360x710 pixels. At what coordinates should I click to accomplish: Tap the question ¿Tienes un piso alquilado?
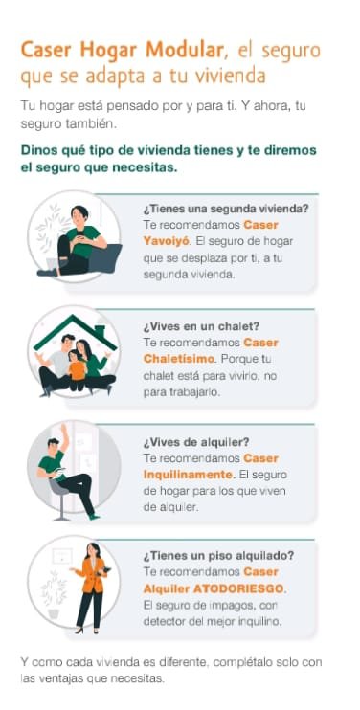(x=218, y=555)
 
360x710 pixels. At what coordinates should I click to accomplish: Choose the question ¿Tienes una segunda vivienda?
(x=226, y=210)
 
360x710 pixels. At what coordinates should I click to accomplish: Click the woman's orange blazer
(x=92, y=575)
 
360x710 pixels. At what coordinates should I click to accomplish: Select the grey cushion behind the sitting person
(x=105, y=258)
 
